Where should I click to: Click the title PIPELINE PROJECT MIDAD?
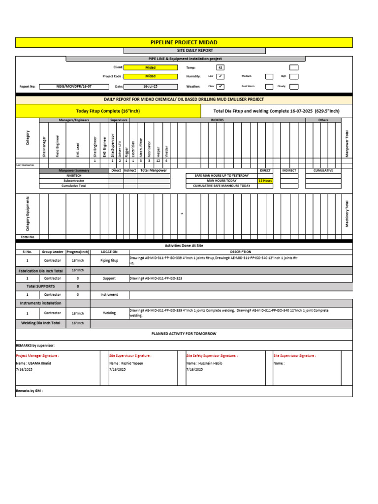click(184, 43)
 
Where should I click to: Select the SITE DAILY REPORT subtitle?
click(194, 50)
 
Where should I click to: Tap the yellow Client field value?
click(150, 67)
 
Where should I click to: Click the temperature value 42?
click(220, 67)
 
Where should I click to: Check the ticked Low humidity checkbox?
click(220, 77)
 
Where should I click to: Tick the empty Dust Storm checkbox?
click(269, 87)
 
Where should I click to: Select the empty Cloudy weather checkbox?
click(294, 87)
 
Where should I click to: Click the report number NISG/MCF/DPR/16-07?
click(74, 87)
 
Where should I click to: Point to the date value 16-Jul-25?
click(150, 87)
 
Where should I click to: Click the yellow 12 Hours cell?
click(265, 181)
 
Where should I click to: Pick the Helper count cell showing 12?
click(158, 161)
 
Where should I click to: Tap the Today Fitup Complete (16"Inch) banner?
click(108, 111)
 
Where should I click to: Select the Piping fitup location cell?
click(109, 260)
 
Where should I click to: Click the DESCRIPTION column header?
click(240, 252)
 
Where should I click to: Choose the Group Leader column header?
click(53, 252)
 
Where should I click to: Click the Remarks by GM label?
click(29, 391)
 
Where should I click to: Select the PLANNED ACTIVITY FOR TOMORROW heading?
click(184, 334)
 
